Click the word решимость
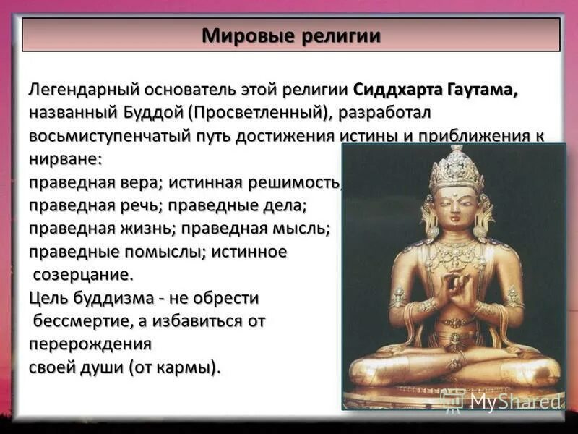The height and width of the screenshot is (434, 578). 301,182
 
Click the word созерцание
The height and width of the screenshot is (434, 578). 82,275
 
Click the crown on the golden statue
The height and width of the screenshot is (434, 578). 456,170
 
